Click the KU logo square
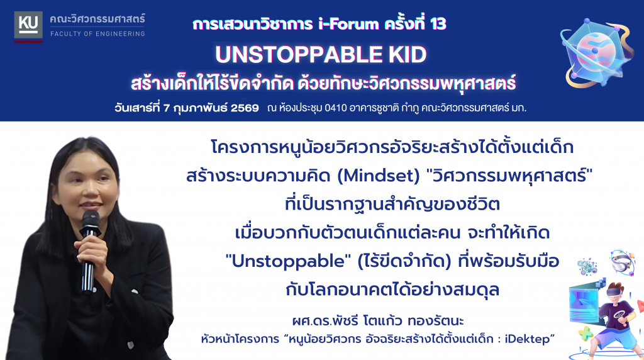pyautogui.click(x=28, y=26)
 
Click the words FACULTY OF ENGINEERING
pyautogui.click(x=97, y=34)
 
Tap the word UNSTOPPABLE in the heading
pyautogui.click(x=299, y=55)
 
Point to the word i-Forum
pyautogui.click(x=348, y=25)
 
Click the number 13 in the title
pyautogui.click(x=438, y=25)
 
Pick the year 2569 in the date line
pyautogui.click(x=245, y=108)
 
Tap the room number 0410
pyautogui.click(x=336, y=108)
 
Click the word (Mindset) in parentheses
pyautogui.click(x=378, y=176)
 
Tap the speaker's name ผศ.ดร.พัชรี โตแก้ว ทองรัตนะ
pyautogui.click(x=378, y=320)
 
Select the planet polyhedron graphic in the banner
pyautogui.click(x=597, y=53)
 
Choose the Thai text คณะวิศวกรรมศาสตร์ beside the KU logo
pyautogui.click(x=97, y=19)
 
